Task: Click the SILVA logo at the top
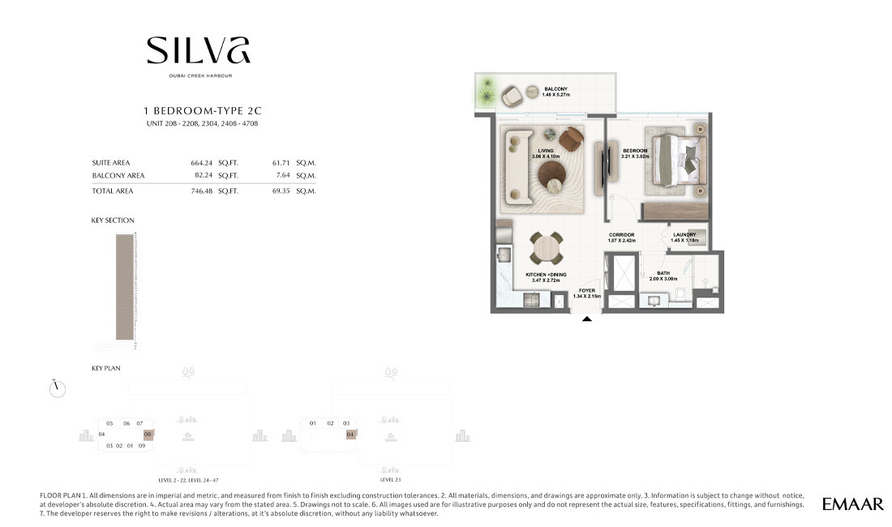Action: [198, 51]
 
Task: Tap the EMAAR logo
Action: [852, 504]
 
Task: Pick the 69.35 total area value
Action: [281, 191]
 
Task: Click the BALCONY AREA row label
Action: [118, 175]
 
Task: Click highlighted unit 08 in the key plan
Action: [148, 435]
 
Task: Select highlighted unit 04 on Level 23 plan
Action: [350, 435]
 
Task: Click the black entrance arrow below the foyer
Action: [587, 319]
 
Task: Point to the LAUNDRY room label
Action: [684, 236]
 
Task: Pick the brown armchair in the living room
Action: [571, 139]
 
